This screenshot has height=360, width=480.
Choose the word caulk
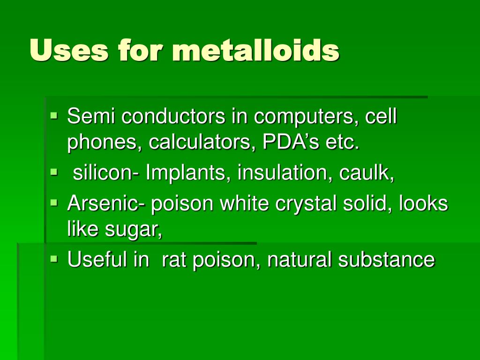(366, 172)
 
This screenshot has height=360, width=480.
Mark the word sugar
(133, 230)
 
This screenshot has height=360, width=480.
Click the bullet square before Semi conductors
(54, 116)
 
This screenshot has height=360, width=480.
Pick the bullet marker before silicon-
(54, 172)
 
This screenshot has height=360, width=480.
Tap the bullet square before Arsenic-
(54, 202)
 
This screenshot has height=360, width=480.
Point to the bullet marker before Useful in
(54, 259)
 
